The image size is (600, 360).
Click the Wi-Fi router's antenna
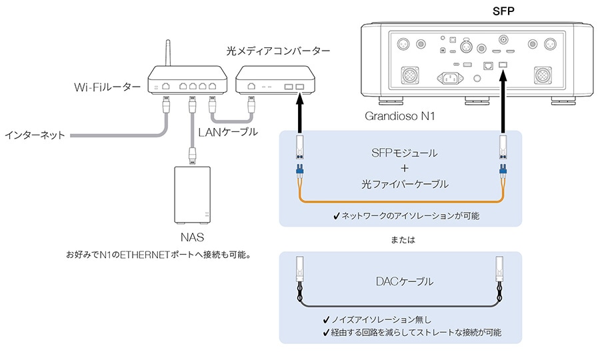pyautogui.click(x=167, y=53)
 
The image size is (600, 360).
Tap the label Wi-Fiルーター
pyautogui.click(x=107, y=87)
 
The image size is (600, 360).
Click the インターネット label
pyautogui.click(x=35, y=135)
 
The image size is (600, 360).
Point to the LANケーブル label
pyautogui.click(x=228, y=132)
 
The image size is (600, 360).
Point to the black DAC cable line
pyautogui.click(x=400, y=305)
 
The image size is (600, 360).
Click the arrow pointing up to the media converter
pyautogui.click(x=300, y=113)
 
